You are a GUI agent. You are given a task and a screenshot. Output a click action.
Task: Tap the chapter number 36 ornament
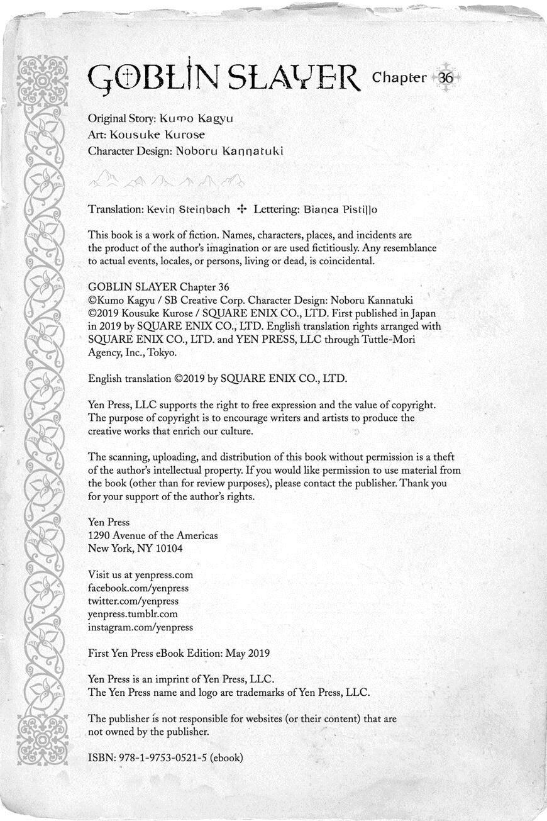click(445, 78)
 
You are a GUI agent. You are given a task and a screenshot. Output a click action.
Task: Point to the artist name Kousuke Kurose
click(157, 135)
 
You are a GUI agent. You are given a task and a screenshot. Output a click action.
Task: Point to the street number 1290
click(99, 535)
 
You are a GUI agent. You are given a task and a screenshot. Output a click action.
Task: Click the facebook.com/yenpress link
click(138, 588)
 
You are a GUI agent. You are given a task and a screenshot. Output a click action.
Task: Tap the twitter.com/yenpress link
click(133, 601)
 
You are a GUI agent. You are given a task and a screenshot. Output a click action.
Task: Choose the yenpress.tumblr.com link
click(133, 614)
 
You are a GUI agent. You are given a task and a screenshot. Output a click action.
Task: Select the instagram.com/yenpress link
click(140, 627)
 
